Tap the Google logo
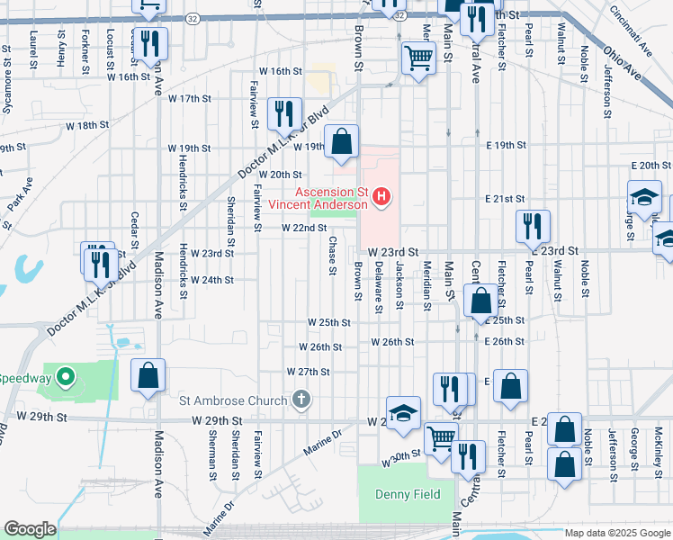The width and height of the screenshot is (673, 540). (x=30, y=529)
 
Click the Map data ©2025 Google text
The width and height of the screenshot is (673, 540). (x=617, y=533)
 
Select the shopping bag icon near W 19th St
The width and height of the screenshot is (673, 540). (x=341, y=141)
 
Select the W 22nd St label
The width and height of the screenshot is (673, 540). (x=304, y=229)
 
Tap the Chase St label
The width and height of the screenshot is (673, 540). (x=332, y=256)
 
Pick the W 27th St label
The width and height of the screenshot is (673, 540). (x=309, y=372)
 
